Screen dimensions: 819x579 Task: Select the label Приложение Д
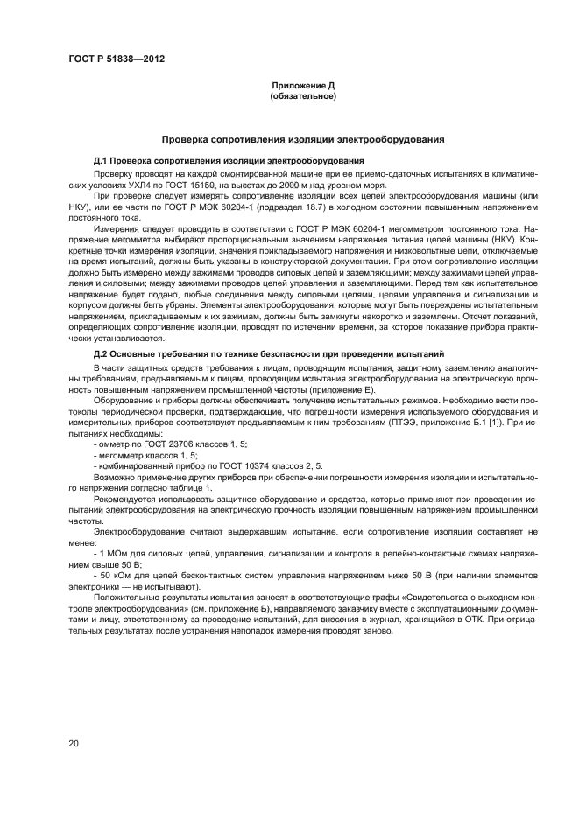pos(303,85)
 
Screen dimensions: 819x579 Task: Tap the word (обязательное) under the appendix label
pos(303,95)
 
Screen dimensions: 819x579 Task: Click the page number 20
pos(72,743)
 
